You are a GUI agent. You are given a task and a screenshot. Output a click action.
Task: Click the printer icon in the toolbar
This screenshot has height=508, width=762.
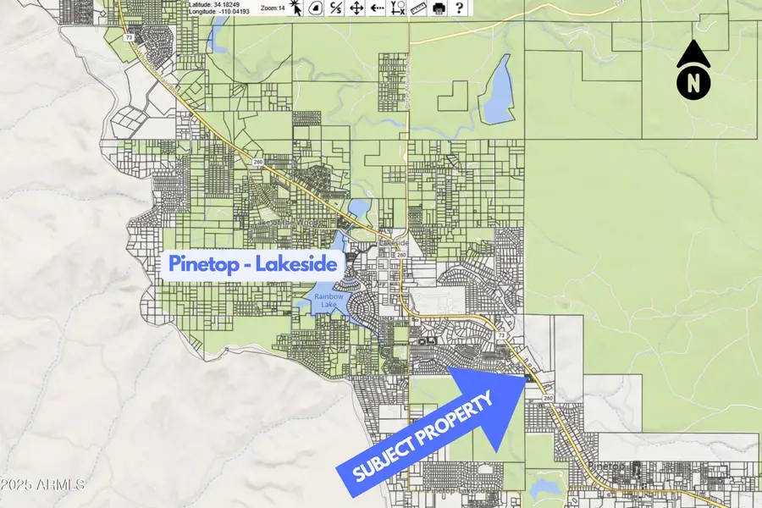click(x=439, y=8)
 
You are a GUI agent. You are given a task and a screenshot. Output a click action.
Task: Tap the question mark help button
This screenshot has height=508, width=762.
click(x=459, y=8)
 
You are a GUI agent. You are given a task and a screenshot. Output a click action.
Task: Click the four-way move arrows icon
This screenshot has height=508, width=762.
click(x=356, y=8)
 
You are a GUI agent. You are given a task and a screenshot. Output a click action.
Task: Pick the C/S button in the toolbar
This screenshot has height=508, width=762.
click(x=336, y=8)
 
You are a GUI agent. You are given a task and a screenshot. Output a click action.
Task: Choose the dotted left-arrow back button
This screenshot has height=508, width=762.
click(x=377, y=8)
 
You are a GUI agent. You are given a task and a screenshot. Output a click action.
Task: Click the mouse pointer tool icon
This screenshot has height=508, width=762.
click(x=295, y=8)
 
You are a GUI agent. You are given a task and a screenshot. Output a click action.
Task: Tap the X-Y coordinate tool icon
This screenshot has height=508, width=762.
click(x=398, y=8)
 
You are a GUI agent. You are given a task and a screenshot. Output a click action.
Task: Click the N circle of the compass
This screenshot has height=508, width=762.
click(x=693, y=84)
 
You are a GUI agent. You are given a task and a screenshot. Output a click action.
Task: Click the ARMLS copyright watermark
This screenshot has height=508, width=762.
click(x=42, y=485)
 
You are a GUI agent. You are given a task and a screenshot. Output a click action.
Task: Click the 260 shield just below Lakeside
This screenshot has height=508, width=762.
click(x=401, y=255)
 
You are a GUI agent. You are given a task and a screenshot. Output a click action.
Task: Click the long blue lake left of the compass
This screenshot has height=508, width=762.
click(x=497, y=89)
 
